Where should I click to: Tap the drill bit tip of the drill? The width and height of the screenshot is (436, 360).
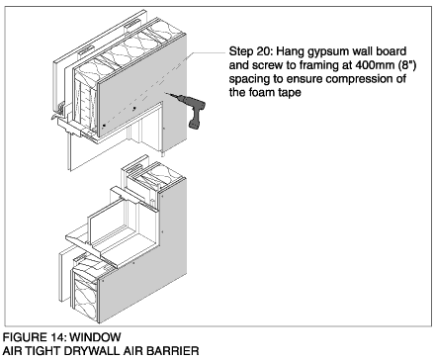coord(166,93)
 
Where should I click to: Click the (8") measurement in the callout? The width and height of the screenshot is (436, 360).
coord(407,65)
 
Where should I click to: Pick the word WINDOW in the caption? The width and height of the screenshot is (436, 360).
coord(96,337)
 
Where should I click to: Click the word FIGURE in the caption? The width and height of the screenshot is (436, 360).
coord(24,337)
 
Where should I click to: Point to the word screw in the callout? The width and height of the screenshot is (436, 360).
coord(266,65)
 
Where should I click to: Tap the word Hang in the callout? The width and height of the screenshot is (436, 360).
coord(289,52)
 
